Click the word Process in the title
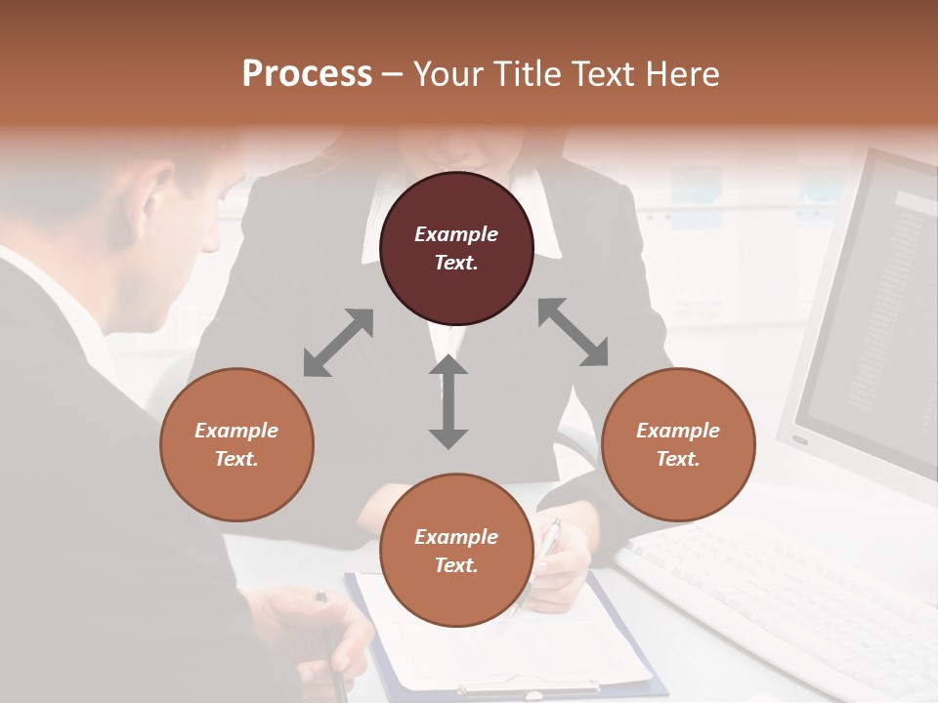point(307,74)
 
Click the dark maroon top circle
point(456,249)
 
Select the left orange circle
point(236,444)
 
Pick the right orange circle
point(678,444)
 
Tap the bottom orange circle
point(456,550)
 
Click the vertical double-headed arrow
point(448,401)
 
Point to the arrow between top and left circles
point(338,343)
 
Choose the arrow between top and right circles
point(574,332)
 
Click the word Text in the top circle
point(455,264)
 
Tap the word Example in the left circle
point(236,431)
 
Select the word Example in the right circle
point(678,431)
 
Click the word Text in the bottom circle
point(455,565)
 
